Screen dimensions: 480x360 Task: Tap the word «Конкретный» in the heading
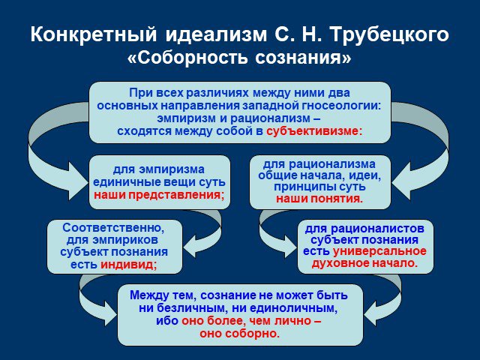coord(94,34)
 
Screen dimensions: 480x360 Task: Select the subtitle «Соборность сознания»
coord(239,58)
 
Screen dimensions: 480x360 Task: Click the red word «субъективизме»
coord(314,131)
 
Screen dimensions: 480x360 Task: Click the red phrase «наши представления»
coord(158,195)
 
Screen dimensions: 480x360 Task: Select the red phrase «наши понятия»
coord(319,199)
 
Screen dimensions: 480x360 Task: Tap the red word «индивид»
coord(128,265)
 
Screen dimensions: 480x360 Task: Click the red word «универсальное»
coord(379,251)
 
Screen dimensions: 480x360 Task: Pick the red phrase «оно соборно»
coord(240,333)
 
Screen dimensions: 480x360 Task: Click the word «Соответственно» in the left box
coord(113,228)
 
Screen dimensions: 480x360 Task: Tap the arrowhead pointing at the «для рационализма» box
coord(401,181)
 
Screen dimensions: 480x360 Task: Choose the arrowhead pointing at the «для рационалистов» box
coord(289,247)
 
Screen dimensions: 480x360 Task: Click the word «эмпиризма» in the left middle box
coord(172,169)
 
